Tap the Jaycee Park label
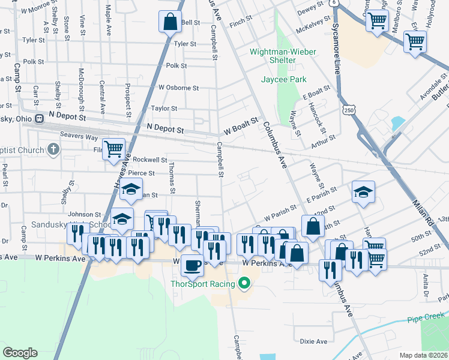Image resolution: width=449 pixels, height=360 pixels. (x=283, y=79)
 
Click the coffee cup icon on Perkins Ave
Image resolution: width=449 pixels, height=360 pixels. (x=192, y=264)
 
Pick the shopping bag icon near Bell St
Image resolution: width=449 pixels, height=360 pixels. (x=170, y=22)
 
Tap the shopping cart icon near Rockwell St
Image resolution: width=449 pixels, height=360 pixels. (x=113, y=149)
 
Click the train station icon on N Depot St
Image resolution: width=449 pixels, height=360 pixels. (x=40, y=118)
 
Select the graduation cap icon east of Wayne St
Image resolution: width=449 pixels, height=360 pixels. (x=363, y=192)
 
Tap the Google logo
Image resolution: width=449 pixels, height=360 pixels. (x=20, y=353)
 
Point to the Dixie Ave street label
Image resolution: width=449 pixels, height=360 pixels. (x=313, y=341)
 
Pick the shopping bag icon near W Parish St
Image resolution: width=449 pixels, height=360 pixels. (x=313, y=226)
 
